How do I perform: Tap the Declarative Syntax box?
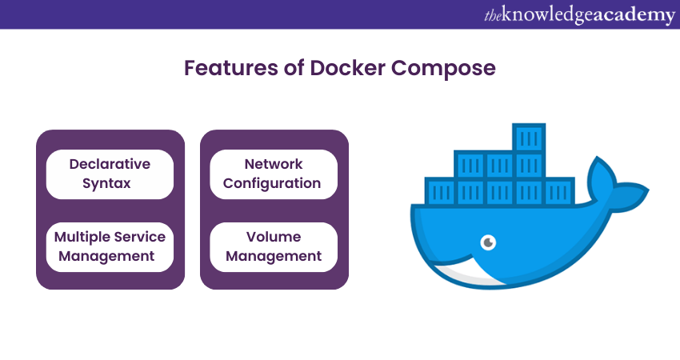[110, 174]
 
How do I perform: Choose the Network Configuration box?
[272, 174]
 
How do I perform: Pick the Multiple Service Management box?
[110, 246]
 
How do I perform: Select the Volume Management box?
[272, 246]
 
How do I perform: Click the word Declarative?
[110, 164]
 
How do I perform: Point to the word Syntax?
[110, 183]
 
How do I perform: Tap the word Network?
[273, 164]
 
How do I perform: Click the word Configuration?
[272, 183]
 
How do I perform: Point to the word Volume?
[273, 237]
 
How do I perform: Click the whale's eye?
[487, 242]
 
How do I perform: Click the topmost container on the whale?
[529, 138]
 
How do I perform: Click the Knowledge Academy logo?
[579, 15]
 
